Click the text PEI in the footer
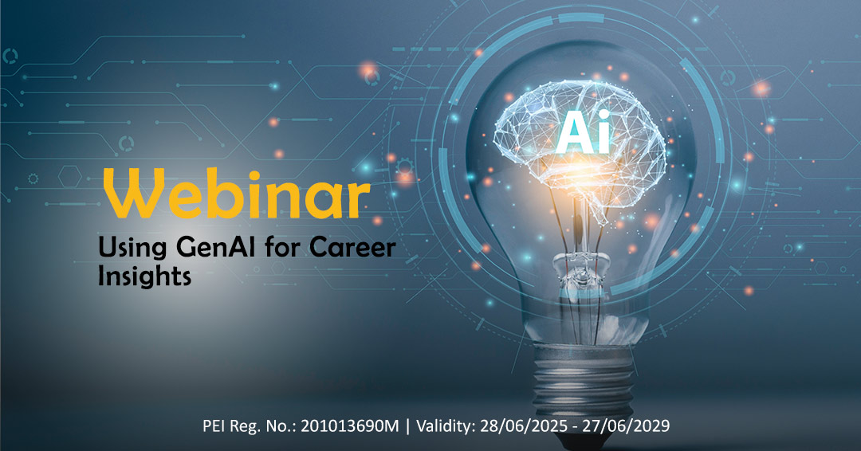[217, 426]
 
